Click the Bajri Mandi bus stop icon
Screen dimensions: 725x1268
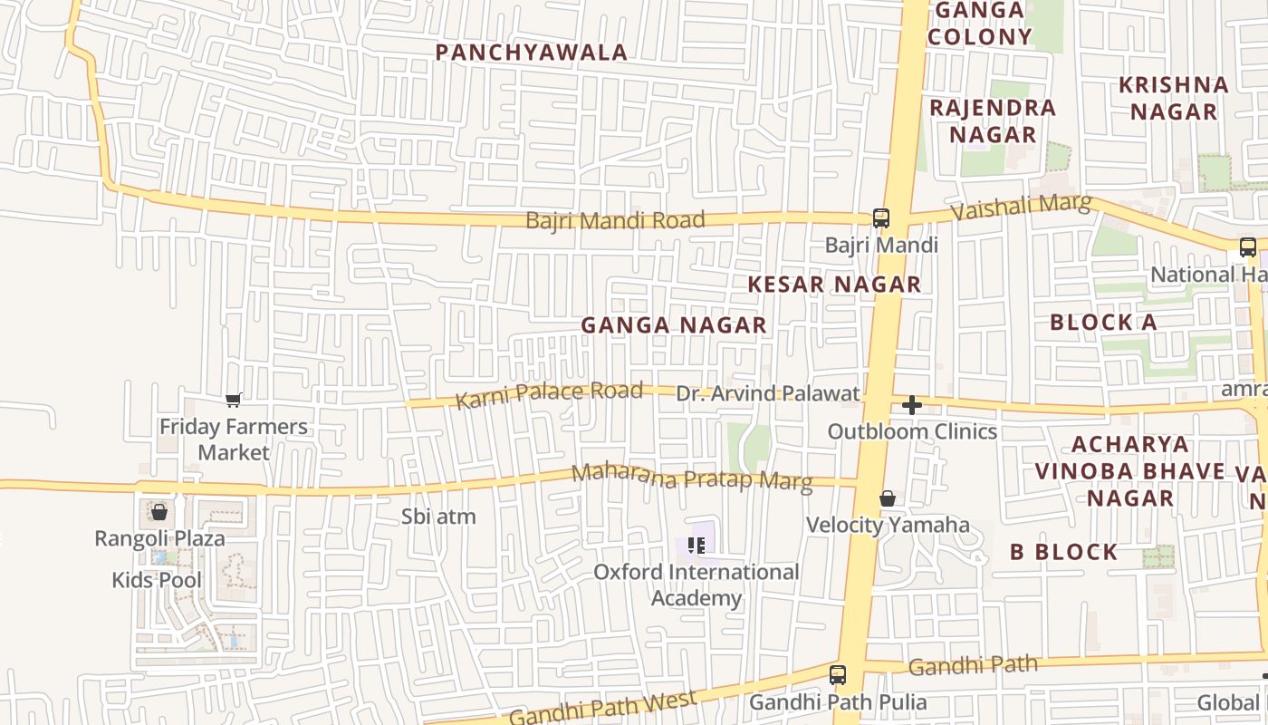880,217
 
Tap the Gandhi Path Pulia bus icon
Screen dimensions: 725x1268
838,675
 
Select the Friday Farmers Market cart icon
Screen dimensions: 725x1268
234,400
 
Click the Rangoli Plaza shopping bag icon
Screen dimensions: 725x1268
159,512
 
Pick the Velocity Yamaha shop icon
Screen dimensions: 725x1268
888,498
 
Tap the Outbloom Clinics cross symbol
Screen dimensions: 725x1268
912,405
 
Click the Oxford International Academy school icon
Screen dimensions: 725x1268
696,546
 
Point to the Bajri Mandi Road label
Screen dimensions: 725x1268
615,220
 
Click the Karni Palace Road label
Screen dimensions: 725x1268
549,394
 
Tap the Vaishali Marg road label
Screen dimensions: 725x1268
1021,207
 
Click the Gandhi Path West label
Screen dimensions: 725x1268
602,708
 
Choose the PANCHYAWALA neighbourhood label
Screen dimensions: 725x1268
532,53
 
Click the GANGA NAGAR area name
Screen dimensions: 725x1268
674,324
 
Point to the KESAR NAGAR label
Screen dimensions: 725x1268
834,285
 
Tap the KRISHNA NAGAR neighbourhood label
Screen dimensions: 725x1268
1174,98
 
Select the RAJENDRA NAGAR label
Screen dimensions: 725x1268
993,121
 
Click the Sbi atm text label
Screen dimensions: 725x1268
438,517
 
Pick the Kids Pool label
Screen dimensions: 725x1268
157,580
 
